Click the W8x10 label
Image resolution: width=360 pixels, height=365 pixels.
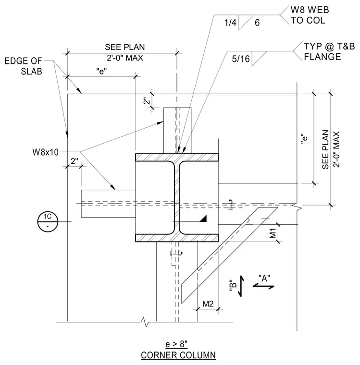[x=46, y=152]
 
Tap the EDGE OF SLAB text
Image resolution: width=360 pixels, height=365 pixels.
[x=23, y=66]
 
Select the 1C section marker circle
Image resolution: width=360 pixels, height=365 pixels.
[x=48, y=221]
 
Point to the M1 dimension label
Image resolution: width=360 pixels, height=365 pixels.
[x=273, y=233]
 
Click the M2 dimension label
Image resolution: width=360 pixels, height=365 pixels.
[x=208, y=304]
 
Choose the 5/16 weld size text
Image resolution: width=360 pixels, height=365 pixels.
[x=241, y=59]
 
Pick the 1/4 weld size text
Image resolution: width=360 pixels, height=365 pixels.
[x=230, y=23]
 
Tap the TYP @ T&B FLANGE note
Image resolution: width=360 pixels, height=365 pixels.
[x=329, y=51]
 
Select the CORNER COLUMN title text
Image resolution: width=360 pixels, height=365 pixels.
[x=178, y=355]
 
